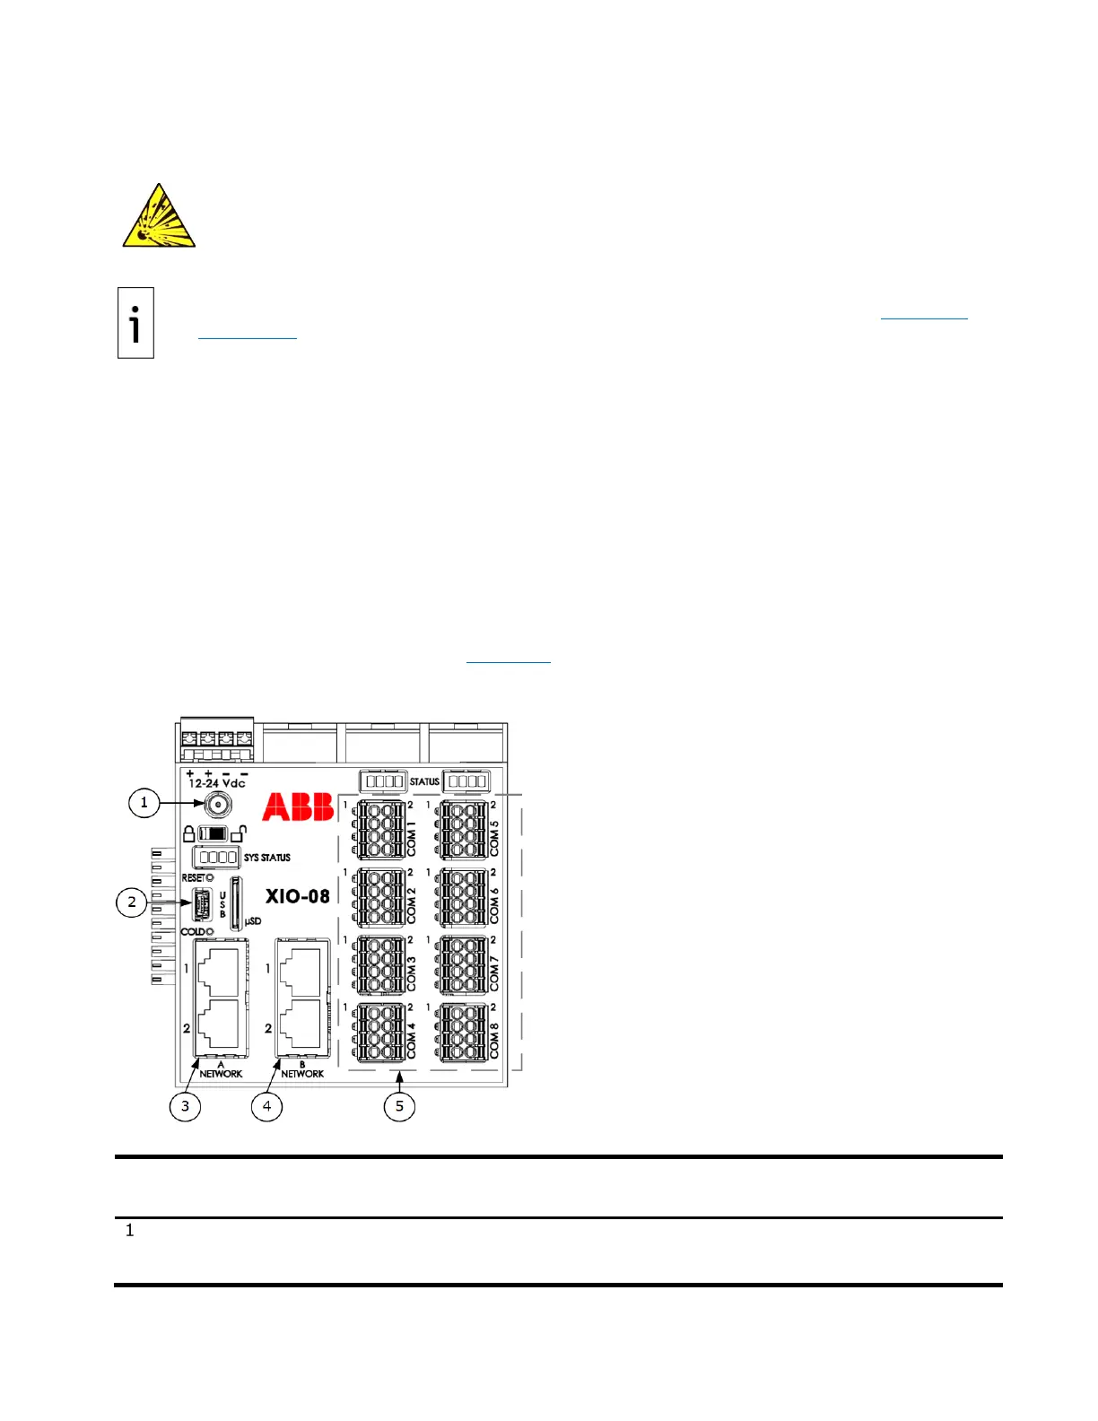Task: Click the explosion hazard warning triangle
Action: pos(159,217)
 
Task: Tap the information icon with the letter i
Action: pos(135,323)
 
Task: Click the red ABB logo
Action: pos(298,806)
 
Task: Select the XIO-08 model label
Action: pos(297,895)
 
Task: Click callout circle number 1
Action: pos(144,802)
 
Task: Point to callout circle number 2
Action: pos(132,902)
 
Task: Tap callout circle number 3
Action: pos(186,1105)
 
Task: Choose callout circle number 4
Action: pos(266,1105)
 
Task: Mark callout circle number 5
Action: pos(399,1105)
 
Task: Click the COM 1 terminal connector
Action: pos(380,830)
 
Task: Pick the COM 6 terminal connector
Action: pos(464,897)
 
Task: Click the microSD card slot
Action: pos(236,902)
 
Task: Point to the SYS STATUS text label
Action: pos(266,858)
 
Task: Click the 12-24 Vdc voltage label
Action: pos(216,783)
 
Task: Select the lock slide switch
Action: pos(213,833)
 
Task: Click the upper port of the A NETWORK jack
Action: pos(219,971)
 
